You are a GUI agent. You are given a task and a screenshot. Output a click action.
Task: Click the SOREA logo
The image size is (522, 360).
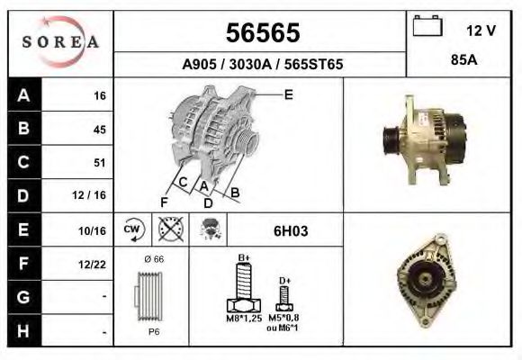tap(61, 43)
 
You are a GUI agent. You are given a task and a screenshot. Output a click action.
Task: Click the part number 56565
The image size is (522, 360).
tap(261, 32)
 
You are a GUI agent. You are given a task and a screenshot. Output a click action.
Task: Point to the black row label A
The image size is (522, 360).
tap(22, 95)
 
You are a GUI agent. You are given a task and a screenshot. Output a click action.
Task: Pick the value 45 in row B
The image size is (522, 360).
tap(99, 130)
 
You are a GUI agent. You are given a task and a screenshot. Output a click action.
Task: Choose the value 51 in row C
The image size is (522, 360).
tap(99, 163)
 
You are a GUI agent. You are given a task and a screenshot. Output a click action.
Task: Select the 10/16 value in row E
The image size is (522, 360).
tap(94, 231)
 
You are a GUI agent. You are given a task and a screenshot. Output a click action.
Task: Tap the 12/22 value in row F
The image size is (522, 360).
tap(94, 265)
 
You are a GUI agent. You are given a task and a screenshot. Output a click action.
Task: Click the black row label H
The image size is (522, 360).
tap(22, 331)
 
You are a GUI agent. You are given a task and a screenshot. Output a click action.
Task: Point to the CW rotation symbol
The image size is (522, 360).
tap(132, 230)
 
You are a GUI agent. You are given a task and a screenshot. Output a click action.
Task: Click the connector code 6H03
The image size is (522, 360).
tap(291, 231)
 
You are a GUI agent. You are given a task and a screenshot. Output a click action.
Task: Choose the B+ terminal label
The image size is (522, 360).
tap(243, 258)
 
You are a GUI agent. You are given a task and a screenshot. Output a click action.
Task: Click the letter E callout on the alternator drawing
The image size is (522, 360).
tap(288, 94)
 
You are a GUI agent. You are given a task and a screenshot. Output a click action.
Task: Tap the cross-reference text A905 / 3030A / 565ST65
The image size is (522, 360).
tap(261, 65)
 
